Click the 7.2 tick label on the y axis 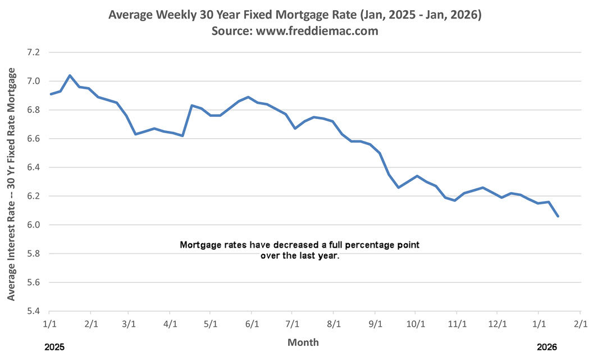coord(34,52)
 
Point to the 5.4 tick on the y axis coord(34,311)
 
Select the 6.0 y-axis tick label coord(34,225)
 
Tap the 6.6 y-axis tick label coord(34,139)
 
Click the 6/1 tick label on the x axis coord(252,324)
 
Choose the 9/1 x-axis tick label coord(375,324)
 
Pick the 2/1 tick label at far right coord(580,324)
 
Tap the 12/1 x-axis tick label coord(497,324)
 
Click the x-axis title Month coord(303,342)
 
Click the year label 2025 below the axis coord(54,348)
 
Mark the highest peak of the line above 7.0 coord(70,75)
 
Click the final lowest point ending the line coord(558,216)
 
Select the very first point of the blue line coord(51,94)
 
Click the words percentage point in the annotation coord(387,245)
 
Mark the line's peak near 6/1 coord(248,97)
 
